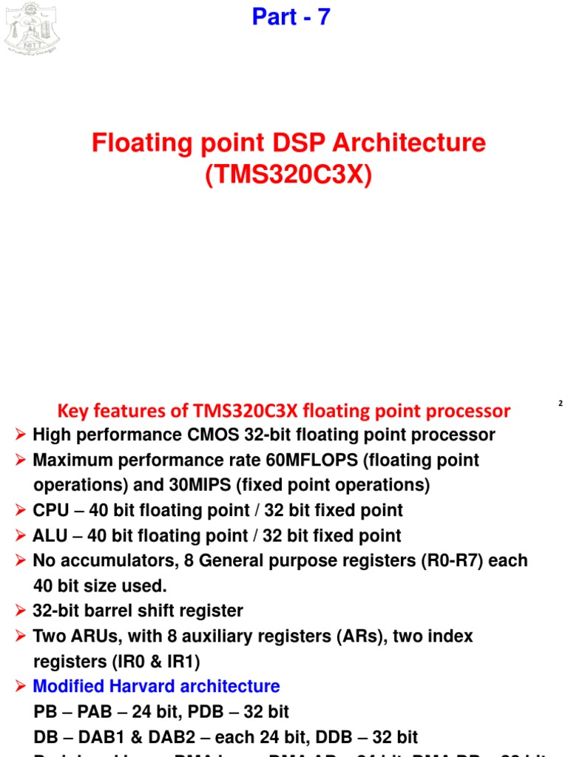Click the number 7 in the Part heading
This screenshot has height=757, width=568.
[x=323, y=16]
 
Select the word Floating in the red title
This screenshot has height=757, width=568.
[x=139, y=143]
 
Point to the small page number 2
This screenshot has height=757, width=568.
[x=561, y=404]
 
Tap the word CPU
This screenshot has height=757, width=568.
[x=50, y=511]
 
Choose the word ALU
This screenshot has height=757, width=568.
[x=50, y=536]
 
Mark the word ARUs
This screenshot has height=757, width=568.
[x=93, y=637]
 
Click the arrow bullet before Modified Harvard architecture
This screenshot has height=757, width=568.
[x=21, y=687]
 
